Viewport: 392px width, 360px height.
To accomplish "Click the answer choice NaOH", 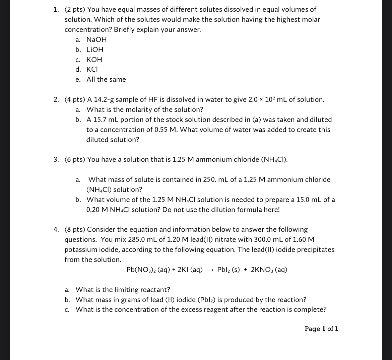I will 96,40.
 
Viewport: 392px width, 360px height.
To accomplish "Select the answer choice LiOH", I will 95,50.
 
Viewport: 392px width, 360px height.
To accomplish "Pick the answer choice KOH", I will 94,60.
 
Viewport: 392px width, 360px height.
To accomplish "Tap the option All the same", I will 106,80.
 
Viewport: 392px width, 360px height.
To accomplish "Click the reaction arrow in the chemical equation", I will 210,270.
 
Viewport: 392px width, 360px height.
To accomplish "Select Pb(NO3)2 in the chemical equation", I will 141,270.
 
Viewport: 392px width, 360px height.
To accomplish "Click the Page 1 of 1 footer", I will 321,329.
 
